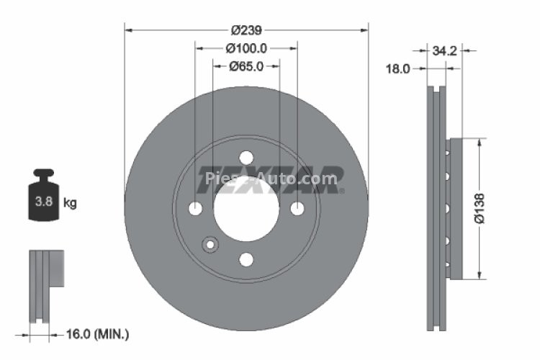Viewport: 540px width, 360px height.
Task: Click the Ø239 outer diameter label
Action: point(246,30)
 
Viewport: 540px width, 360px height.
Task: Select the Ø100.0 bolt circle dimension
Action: point(246,48)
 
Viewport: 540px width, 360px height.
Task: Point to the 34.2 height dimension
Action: point(444,51)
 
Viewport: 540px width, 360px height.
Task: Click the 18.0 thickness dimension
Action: point(398,69)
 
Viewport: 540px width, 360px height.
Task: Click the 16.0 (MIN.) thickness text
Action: point(98,333)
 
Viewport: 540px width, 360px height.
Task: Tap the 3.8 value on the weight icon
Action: point(44,202)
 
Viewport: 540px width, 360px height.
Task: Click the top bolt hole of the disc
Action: point(246,157)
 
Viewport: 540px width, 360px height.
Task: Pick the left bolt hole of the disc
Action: point(195,208)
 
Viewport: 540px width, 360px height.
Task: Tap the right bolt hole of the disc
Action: point(297,208)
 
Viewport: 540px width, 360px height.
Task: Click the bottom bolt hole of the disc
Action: point(246,259)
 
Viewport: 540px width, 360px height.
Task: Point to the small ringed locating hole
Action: point(210,245)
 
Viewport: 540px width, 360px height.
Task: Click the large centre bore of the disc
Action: point(246,208)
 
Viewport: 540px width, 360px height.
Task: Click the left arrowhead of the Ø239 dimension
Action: point(128,30)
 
